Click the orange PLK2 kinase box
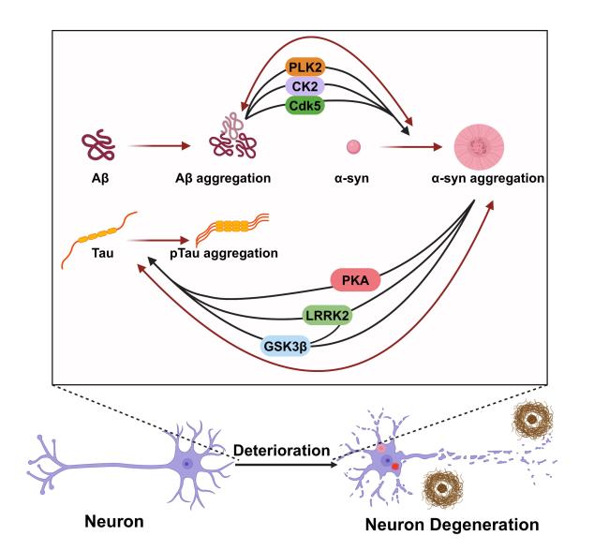pos(304,67)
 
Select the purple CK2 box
pos(304,86)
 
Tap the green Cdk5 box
pos(304,105)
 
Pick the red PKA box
pos(355,280)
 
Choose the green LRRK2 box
pos(327,315)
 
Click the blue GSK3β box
pos(286,346)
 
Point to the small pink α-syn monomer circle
pos(353,147)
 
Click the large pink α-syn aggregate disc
pos(480,147)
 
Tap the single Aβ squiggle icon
pos(98,144)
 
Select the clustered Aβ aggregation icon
pos(233,136)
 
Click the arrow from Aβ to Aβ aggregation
pos(159,146)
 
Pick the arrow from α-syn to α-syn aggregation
pos(411,147)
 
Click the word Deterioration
pos(282,451)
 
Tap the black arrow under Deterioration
pos(287,465)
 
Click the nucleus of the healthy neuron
pos(187,463)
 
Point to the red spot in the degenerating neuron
pos(395,467)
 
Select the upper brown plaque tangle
pos(533,420)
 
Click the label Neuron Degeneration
pos(453,525)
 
